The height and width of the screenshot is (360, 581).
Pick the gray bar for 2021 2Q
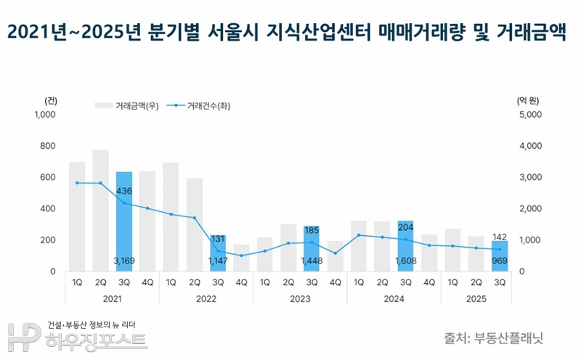coord(101,210)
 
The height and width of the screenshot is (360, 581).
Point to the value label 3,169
coord(124,259)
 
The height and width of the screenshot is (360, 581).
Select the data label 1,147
coord(218,259)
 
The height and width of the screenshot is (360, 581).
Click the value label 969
coord(499,259)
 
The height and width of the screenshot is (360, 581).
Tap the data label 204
coord(406,226)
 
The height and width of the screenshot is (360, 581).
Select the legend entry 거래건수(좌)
coord(208,106)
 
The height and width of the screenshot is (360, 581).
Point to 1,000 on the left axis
coord(45,115)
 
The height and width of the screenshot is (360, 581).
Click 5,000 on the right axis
coord(532,115)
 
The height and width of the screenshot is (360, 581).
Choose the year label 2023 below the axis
coord(300,299)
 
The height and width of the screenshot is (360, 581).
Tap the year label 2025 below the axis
coord(476,299)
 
